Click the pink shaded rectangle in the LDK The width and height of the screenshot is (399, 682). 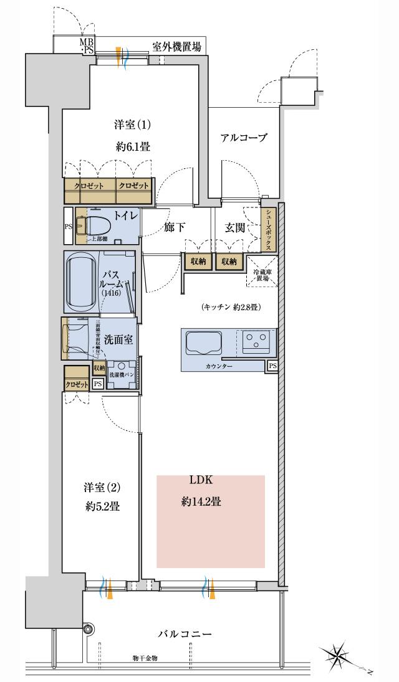[210, 521]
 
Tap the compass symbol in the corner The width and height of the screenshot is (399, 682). [339, 655]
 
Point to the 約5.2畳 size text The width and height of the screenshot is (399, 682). [102, 506]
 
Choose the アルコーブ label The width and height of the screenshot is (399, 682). [244, 138]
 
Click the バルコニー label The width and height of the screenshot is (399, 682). [185, 634]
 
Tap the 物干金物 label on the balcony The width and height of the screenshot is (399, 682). [145, 658]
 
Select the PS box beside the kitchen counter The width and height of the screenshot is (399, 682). [272, 366]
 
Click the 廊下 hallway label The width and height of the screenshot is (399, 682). [175, 227]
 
